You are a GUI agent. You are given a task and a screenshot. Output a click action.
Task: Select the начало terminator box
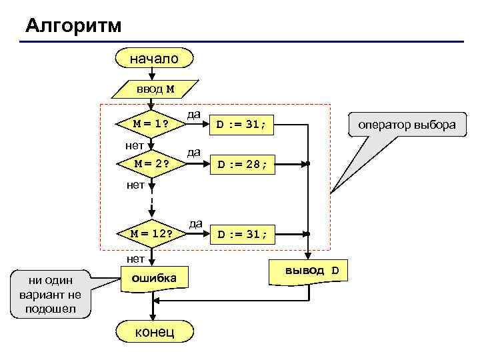(154, 59)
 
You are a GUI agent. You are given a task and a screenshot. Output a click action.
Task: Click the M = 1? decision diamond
(150, 123)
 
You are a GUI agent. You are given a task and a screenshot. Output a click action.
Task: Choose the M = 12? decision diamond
(151, 233)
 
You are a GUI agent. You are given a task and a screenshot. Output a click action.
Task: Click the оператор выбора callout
(407, 125)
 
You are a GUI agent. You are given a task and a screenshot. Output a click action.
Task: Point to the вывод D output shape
(312, 271)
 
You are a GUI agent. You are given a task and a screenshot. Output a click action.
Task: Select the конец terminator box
(154, 331)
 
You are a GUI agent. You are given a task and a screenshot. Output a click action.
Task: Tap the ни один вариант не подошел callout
(49, 293)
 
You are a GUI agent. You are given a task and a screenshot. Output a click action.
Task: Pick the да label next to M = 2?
(194, 152)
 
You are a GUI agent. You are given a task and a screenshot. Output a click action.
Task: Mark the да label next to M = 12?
(195, 223)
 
